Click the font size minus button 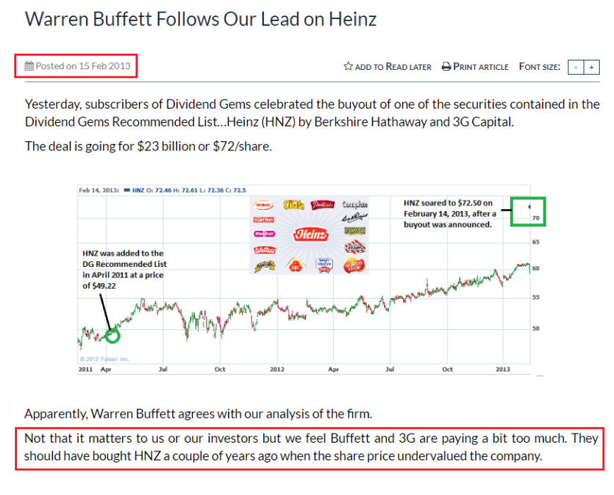[577, 67]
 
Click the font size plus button [591, 67]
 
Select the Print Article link [475, 66]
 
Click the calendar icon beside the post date [29, 66]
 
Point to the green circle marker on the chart [112, 335]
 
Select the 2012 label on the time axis [277, 369]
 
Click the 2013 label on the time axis [502, 369]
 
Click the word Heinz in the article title [351, 19]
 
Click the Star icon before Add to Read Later [348, 66]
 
